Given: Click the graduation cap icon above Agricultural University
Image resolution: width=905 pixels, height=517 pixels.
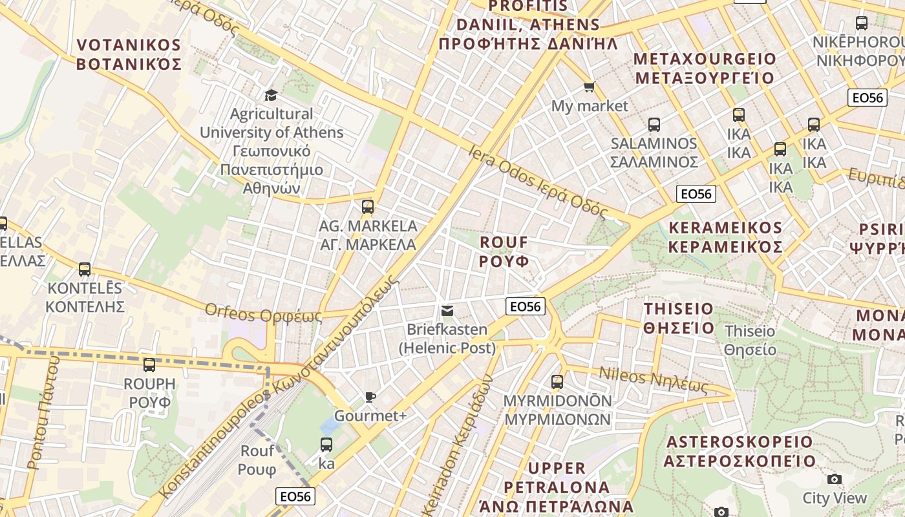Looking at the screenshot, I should click(x=271, y=95).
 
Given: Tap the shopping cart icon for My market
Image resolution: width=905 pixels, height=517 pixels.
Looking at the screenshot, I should click(x=589, y=87).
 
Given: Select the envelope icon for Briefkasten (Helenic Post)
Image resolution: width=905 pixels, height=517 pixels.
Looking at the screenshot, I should click(x=447, y=311).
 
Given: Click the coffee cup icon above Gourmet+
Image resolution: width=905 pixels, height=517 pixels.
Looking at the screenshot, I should click(x=370, y=397).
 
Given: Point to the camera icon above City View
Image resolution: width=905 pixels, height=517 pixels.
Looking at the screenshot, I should click(x=835, y=479).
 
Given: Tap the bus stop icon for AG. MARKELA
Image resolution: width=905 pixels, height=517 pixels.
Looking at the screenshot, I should click(x=368, y=207).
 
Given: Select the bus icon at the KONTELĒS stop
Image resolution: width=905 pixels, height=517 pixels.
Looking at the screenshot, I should click(x=85, y=269).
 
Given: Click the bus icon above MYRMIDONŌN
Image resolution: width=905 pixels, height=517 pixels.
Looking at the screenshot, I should click(x=557, y=382).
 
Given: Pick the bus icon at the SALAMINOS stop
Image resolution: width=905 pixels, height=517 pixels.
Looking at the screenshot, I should click(x=654, y=124).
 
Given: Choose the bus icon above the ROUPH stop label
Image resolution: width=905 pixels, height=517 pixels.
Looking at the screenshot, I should click(x=149, y=365).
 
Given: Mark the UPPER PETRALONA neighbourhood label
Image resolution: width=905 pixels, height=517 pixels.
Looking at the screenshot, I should click(x=557, y=486).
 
